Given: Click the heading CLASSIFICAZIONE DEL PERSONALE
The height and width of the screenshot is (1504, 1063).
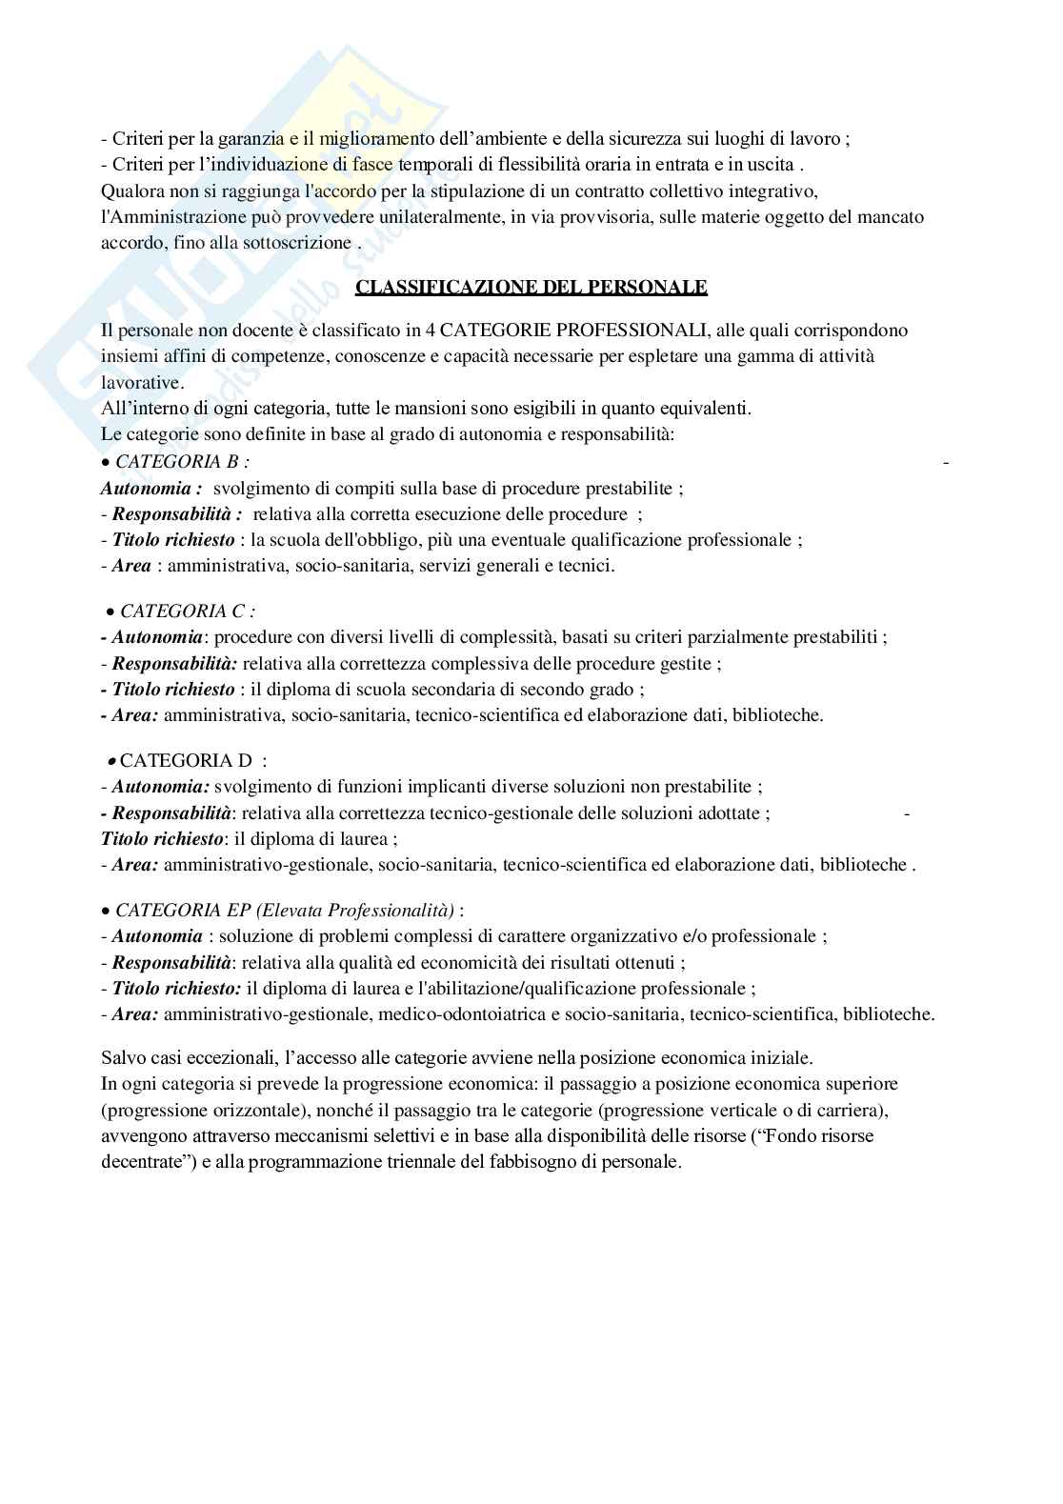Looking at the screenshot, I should point(531,287).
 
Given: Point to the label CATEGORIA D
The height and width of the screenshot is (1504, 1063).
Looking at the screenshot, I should point(187,761).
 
